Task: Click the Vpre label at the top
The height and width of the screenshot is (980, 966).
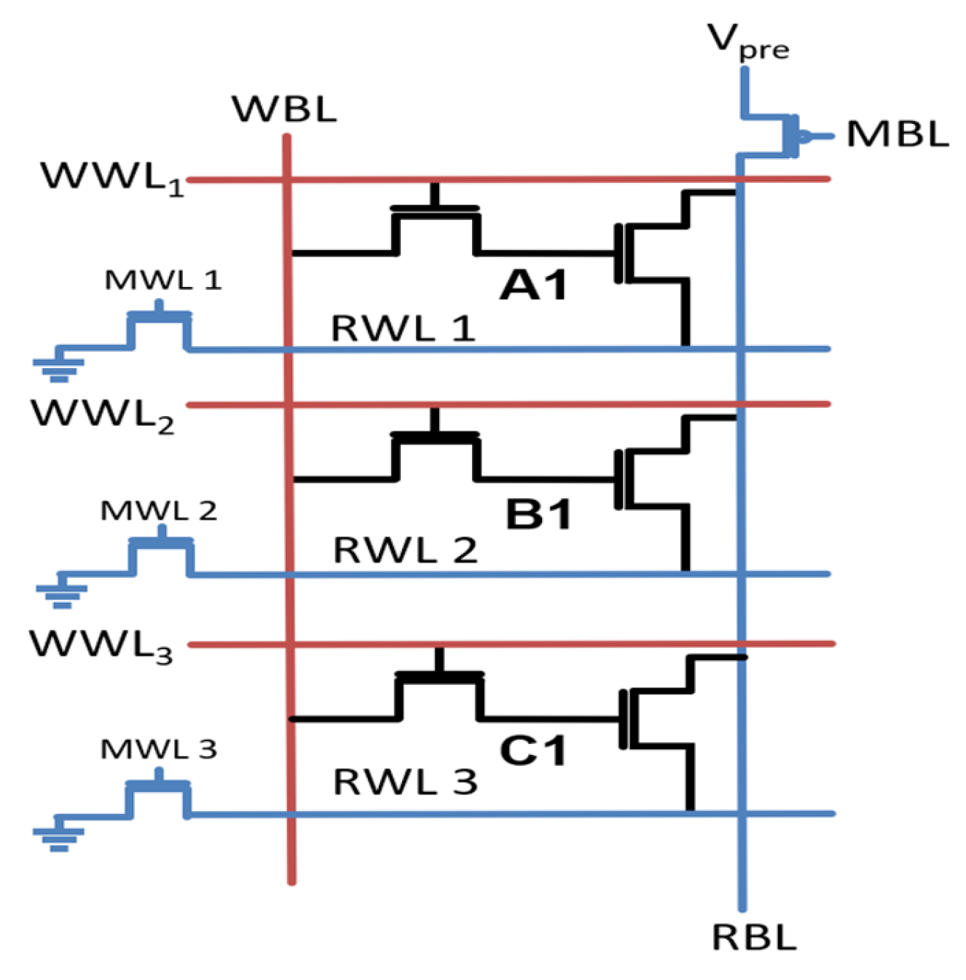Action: pos(747,42)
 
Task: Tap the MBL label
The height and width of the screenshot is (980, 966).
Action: pos(897,135)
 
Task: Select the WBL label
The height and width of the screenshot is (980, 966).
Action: pos(284,109)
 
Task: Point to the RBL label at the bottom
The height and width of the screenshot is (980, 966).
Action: pos(753,938)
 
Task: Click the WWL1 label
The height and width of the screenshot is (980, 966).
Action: pos(111,178)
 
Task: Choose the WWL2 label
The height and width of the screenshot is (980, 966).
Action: pos(103,415)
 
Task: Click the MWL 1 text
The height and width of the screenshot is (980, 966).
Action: pos(162,280)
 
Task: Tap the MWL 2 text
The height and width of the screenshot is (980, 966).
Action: pos(158,511)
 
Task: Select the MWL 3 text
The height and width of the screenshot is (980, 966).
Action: pos(158,749)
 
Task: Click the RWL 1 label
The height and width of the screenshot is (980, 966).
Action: pos(403,329)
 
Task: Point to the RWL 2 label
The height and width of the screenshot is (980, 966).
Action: pos(405,550)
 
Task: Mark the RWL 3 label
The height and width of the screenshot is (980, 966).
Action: pos(405,783)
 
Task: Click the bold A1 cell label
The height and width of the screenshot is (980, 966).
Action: pos(533,285)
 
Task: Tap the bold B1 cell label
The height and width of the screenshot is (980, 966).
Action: pos(538,515)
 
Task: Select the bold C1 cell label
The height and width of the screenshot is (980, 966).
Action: pos(533,750)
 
